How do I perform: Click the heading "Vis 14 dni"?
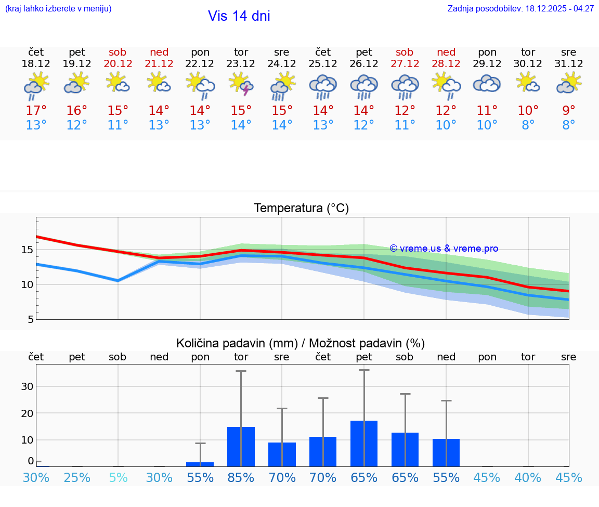point(239,16)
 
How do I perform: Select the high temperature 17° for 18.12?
point(36,111)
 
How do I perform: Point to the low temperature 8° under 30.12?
point(528,125)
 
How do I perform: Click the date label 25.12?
point(323,64)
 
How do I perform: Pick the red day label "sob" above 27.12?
point(405,52)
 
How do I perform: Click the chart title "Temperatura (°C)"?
point(301,208)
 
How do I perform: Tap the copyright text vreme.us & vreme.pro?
point(444,249)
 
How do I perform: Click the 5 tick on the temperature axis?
point(30,319)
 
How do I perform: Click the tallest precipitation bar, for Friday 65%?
point(364,444)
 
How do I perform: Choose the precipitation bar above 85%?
point(241,447)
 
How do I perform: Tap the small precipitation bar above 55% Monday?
point(200,464)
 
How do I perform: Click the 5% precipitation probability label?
point(118,477)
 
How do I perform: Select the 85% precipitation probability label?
point(241,477)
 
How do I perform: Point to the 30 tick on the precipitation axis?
point(27,386)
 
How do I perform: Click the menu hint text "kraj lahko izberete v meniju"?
point(58,8)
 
